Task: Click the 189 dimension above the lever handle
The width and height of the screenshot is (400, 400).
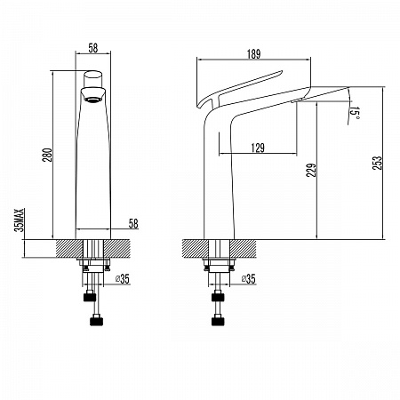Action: pos(253,54)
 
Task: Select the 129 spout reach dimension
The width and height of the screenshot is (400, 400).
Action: pos(258,148)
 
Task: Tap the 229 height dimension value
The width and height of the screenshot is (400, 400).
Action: pos(311,170)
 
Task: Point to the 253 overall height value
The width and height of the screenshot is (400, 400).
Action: pos(377,163)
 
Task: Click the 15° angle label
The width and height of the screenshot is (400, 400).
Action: pos(354,113)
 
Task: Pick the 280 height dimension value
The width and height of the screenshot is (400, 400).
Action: pos(48,155)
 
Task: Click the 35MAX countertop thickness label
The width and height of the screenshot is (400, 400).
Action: pos(19,220)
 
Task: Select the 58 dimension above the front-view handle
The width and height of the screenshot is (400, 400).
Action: pos(93,48)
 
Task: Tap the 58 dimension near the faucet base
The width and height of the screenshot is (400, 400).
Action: pos(133,223)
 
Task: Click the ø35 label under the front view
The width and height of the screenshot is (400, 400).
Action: pos(123,279)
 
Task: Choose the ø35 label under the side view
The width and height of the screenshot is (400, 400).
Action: pos(249,279)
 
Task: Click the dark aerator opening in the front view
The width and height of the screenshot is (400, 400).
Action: pos(93,100)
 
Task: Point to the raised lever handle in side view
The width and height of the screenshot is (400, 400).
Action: pos(239,88)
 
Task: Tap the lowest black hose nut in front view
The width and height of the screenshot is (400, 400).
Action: pos(96,321)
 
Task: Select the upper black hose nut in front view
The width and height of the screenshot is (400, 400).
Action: pos(90,297)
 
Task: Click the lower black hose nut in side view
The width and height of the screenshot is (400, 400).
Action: pos(218,321)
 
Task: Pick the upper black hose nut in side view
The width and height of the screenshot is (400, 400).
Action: pos(218,297)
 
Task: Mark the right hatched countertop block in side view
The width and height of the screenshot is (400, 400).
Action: pos(243,249)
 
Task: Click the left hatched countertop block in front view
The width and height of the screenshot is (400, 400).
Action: pos(69,249)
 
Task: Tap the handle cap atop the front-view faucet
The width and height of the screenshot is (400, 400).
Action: pos(93,79)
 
